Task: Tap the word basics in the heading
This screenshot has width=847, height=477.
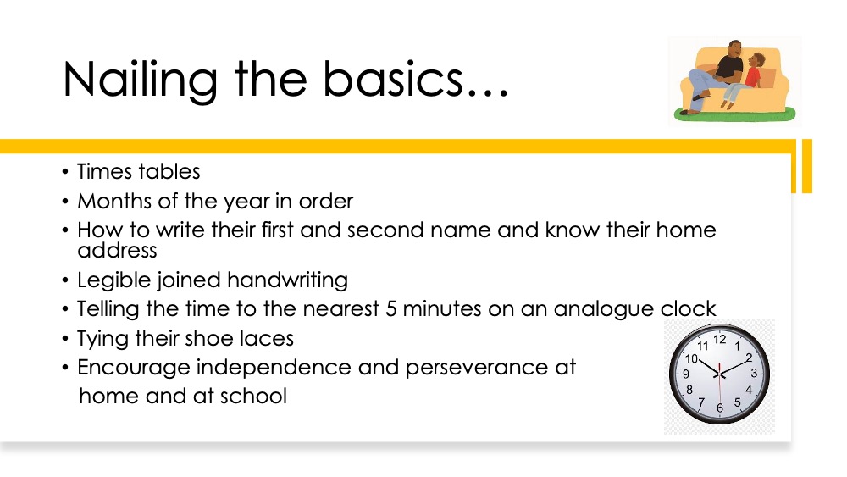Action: [x=393, y=79]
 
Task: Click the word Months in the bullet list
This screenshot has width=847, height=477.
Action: [x=114, y=201]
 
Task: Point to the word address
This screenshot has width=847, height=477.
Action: [x=117, y=251]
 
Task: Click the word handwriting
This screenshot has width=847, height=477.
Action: [x=287, y=280]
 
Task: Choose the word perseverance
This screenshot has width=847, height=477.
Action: [x=477, y=369]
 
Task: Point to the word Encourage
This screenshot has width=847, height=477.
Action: [x=134, y=369]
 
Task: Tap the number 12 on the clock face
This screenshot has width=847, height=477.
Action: [x=719, y=339]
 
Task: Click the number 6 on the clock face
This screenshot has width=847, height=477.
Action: [x=719, y=408]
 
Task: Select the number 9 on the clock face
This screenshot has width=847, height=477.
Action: [x=686, y=374]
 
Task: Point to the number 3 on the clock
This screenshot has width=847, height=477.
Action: [x=754, y=374]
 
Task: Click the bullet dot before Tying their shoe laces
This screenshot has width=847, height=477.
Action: [x=65, y=339]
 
